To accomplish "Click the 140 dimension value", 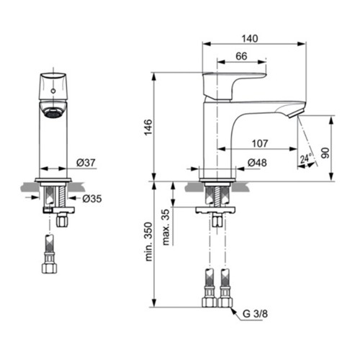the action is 250,38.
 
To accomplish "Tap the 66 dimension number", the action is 241,56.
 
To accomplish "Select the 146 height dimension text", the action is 148,127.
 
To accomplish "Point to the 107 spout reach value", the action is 260,143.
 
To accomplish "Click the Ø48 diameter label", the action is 257,163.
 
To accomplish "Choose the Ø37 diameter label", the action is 86,163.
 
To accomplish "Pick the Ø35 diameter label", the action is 92,199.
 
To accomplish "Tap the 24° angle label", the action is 306,158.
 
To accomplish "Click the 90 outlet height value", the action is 325,153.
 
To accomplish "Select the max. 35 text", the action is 166,227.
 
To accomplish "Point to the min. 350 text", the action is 148,242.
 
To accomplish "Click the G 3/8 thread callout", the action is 255,314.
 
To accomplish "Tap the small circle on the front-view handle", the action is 53,91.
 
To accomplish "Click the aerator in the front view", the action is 53,112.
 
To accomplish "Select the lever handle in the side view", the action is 234,86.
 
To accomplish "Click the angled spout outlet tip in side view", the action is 296,113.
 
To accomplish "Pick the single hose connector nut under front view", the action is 49,269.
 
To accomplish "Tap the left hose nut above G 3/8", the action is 210,302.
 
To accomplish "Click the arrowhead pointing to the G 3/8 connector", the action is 233,310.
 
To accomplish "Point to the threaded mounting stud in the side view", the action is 217,196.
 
